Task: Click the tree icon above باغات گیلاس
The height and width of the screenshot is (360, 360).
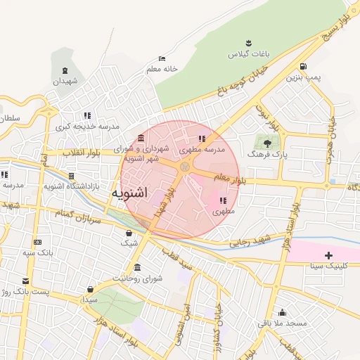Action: pos(247,44)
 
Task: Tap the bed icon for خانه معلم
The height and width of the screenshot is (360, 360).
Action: pos(162,58)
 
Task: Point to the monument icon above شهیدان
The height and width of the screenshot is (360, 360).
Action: pos(65,71)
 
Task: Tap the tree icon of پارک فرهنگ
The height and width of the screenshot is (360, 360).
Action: pos(266,142)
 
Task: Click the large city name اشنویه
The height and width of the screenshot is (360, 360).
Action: pos(131,193)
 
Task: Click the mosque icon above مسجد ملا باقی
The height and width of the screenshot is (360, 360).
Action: pos(282,313)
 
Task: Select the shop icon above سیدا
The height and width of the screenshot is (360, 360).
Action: pos(90,290)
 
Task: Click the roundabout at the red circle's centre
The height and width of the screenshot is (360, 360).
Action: pos(185,167)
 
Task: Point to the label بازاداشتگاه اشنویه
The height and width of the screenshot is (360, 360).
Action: pos(49,186)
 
